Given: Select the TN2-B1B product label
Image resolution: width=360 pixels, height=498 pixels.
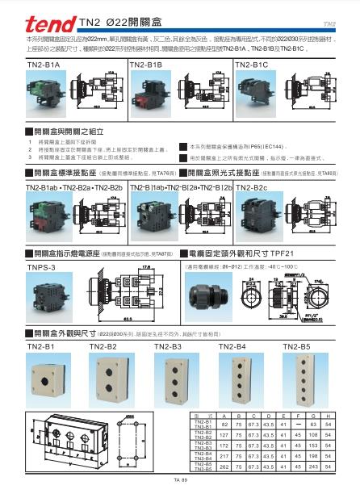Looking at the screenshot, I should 145,63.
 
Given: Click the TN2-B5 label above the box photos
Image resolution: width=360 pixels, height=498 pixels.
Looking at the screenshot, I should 298,347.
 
